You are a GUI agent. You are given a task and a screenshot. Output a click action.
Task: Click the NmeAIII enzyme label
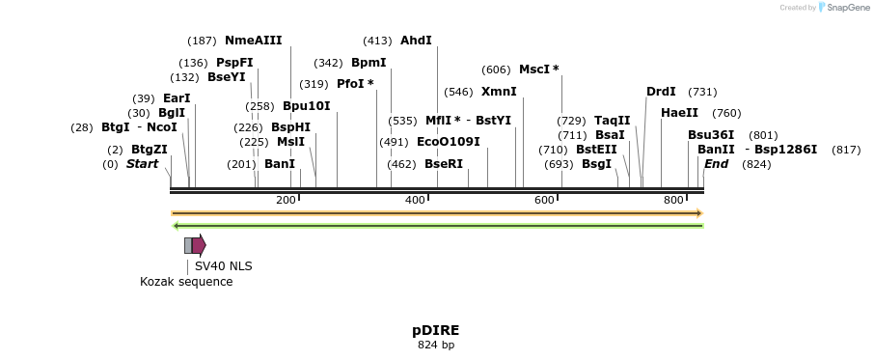tap(253, 41)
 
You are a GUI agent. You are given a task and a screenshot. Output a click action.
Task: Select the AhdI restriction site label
tap(416, 41)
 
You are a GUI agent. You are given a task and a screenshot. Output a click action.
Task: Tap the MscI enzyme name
tap(534, 69)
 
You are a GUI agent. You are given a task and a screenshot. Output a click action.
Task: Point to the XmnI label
tap(499, 92)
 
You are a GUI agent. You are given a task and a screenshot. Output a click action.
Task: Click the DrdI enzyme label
tap(661, 92)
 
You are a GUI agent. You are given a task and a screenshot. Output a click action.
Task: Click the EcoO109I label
tap(448, 142)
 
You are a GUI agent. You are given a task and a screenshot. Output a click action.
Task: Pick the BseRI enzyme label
tap(444, 164)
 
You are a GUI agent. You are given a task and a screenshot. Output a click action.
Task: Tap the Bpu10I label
tap(306, 106)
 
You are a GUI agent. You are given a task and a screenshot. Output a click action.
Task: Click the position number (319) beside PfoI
tap(314, 84)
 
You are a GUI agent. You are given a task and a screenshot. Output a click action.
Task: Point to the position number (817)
tap(846, 150)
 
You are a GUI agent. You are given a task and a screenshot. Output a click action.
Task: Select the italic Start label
tap(142, 164)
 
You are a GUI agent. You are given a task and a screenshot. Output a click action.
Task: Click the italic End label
tap(716, 164)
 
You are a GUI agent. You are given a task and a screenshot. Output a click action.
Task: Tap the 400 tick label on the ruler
tap(415, 200)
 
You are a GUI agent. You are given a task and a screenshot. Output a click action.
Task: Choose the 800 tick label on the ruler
tap(673, 200)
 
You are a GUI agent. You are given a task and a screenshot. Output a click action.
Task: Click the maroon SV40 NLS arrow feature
tap(199, 245)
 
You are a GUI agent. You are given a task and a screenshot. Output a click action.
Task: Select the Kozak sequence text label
tap(186, 282)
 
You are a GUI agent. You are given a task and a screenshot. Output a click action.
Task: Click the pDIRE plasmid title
tap(436, 330)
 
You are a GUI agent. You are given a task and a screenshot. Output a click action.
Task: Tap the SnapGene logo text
tap(845, 8)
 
